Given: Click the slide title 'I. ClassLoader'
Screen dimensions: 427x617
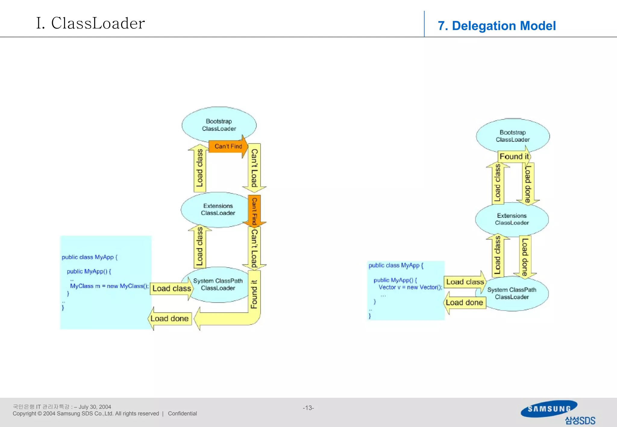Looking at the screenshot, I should point(90,23).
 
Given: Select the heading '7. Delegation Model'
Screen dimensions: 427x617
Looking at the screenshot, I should point(496,26).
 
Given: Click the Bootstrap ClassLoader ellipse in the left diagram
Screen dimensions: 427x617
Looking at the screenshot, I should point(219,124).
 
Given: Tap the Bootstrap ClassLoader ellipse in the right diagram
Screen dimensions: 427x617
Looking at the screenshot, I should point(513,136).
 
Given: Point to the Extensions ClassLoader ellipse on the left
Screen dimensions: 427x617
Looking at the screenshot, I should point(218,209).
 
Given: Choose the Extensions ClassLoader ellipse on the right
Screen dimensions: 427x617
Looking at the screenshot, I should point(512,219).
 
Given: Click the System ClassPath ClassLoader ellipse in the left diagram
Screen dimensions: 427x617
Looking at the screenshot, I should point(218,284).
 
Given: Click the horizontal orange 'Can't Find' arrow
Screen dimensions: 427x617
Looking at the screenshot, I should point(228,146).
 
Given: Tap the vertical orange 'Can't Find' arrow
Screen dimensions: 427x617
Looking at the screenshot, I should point(254,211).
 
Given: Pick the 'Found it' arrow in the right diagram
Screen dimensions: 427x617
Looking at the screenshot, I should point(514,157).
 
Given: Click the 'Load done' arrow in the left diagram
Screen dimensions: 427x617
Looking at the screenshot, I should point(170,319).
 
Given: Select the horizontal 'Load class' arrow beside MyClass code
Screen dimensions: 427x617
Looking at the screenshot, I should point(172,288).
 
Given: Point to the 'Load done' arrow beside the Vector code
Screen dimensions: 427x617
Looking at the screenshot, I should point(464,303).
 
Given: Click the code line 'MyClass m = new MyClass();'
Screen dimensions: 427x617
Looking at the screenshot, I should point(109,286).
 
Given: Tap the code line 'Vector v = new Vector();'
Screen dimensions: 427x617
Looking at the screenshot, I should point(410,287).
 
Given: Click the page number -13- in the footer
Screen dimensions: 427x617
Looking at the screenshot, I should point(308,408).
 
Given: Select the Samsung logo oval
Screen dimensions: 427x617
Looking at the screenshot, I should point(549,409).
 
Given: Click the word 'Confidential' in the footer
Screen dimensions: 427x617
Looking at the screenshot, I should point(182,413).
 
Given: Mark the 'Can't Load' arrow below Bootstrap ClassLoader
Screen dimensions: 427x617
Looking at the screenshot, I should point(254,168).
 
